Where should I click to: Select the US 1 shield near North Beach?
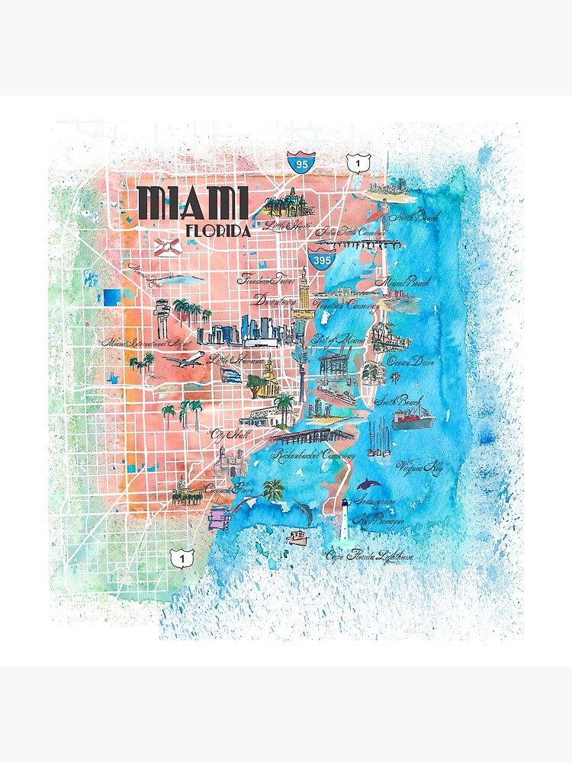pyautogui.click(x=358, y=163)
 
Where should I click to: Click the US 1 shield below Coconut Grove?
pyautogui.click(x=182, y=559)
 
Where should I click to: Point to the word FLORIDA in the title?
pyautogui.click(x=218, y=231)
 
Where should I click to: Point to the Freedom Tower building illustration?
pyautogui.click(x=304, y=290)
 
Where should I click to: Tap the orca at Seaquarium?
pyautogui.click(x=370, y=485)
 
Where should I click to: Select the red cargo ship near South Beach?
pyautogui.click(x=413, y=418)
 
